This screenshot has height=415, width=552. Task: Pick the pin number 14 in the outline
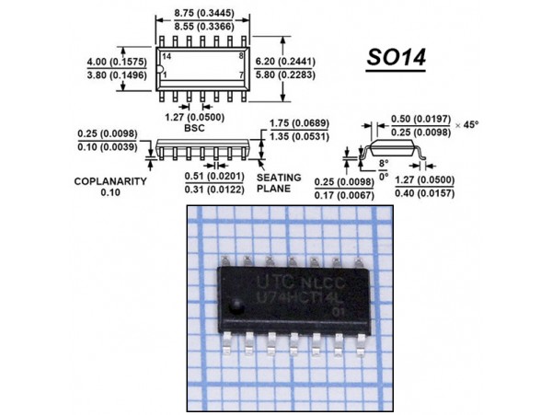pos(167,57)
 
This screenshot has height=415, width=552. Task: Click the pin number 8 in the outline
pos(240,57)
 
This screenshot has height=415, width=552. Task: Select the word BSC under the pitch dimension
pos(194,129)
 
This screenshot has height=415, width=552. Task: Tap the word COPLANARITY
pos(110,181)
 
